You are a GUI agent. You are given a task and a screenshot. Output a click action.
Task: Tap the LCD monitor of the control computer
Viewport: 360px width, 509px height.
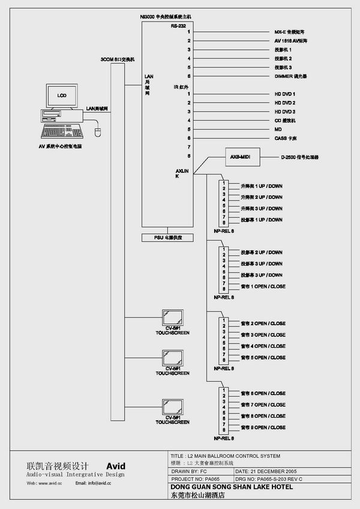[x=61, y=96]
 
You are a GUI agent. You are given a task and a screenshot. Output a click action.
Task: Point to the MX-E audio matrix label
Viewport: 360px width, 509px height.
[x=289, y=31]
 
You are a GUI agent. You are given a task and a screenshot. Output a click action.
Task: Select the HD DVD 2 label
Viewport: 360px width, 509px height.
[x=286, y=103]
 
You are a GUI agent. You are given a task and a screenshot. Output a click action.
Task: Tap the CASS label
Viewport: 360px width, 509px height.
[x=284, y=139]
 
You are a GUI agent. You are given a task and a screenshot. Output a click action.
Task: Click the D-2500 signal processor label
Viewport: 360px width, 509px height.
[x=299, y=157]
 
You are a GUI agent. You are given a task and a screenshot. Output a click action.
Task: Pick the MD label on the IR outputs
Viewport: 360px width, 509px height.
[x=278, y=130]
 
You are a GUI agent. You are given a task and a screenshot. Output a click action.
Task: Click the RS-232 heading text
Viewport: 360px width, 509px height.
[x=178, y=26]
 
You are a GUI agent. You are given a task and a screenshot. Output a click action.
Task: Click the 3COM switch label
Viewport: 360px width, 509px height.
[x=118, y=59]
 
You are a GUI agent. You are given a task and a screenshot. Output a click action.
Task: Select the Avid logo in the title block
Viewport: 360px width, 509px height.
[x=116, y=465]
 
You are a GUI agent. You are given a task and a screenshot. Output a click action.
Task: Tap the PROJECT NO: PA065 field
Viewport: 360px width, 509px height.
[x=196, y=480]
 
